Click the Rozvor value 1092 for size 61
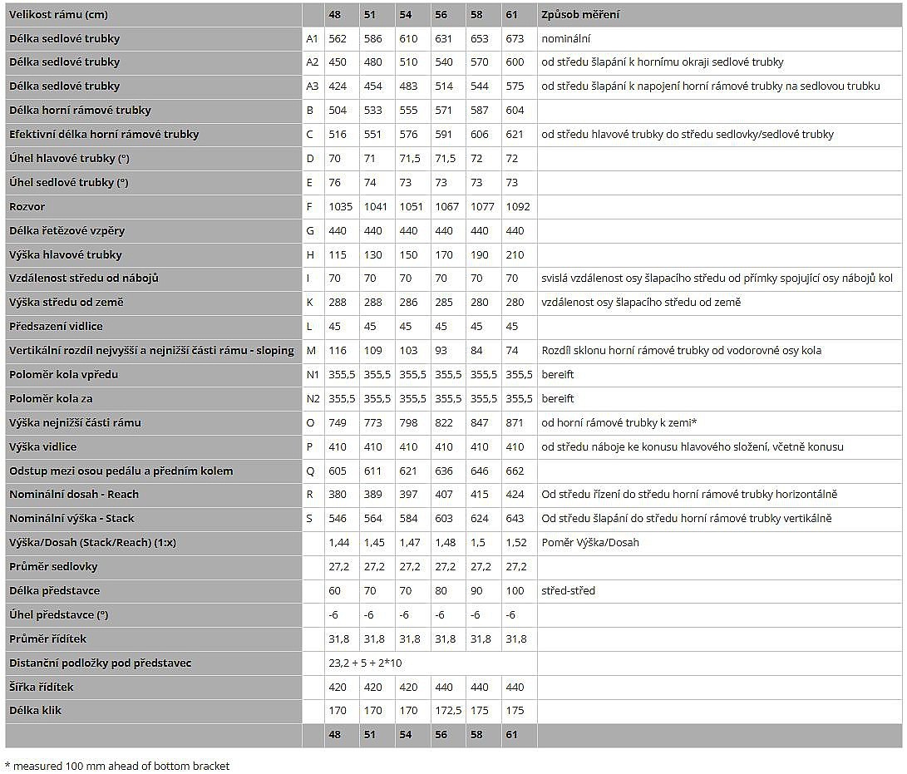[x=517, y=206]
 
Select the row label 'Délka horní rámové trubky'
[x=80, y=110]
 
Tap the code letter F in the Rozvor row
[x=310, y=206]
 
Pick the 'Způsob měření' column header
[x=579, y=14]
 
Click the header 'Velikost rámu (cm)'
[x=58, y=14]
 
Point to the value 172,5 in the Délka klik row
[x=447, y=711]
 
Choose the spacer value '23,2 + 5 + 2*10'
[x=365, y=663]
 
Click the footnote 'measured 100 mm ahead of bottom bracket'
[x=117, y=766]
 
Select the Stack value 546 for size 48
[x=338, y=519]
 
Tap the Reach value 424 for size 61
[x=515, y=495]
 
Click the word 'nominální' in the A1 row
[x=566, y=38]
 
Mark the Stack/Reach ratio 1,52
[x=515, y=543]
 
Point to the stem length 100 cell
[x=515, y=591]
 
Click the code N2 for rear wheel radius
[x=313, y=398]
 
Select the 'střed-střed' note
[x=568, y=591]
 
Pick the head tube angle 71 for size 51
[x=369, y=158]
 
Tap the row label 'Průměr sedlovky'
[x=53, y=567]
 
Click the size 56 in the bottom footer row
[x=441, y=735]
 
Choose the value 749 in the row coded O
[x=338, y=422]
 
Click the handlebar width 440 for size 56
[x=444, y=688]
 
